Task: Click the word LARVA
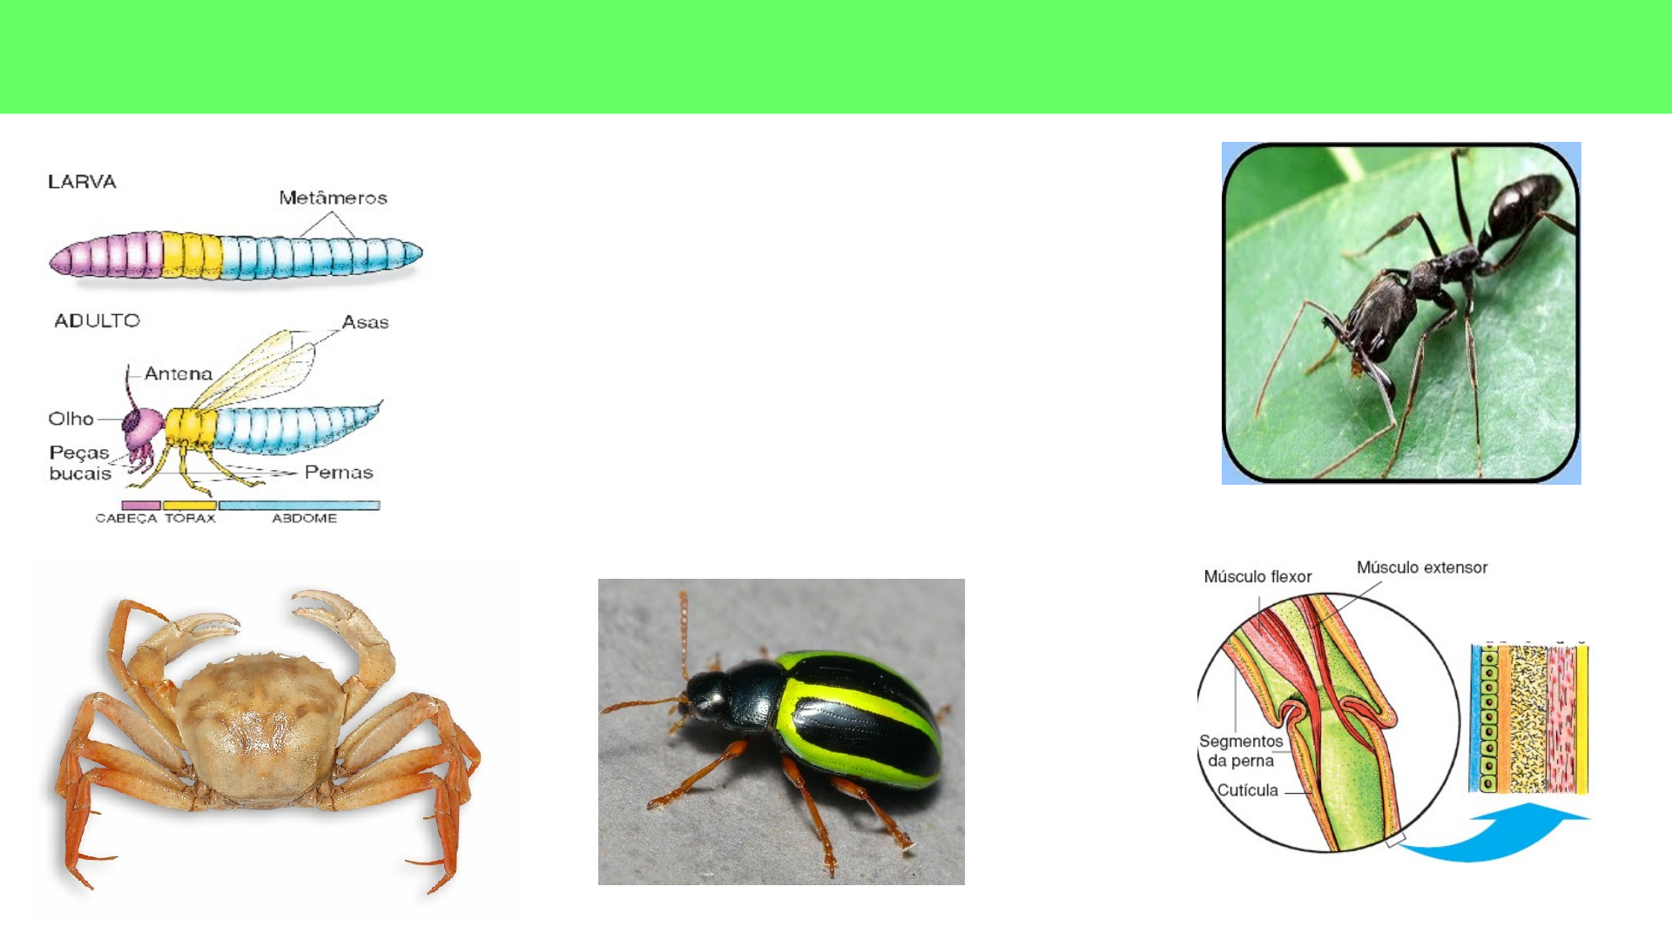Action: point(82,182)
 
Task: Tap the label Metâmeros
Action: point(333,198)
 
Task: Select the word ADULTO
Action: point(97,320)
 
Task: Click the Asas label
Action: point(365,322)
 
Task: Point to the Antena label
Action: point(179,373)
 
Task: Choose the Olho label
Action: point(71,419)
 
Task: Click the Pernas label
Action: point(339,473)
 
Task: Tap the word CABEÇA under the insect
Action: point(126,518)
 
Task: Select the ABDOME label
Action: point(304,518)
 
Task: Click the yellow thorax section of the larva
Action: point(192,255)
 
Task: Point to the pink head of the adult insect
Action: point(144,426)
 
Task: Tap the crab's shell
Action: point(259,727)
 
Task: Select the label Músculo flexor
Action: point(1257,577)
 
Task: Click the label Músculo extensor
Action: point(1422,567)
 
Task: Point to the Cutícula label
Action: point(1247,790)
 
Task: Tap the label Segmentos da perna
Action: point(1241,751)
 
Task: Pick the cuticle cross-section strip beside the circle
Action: point(1529,718)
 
